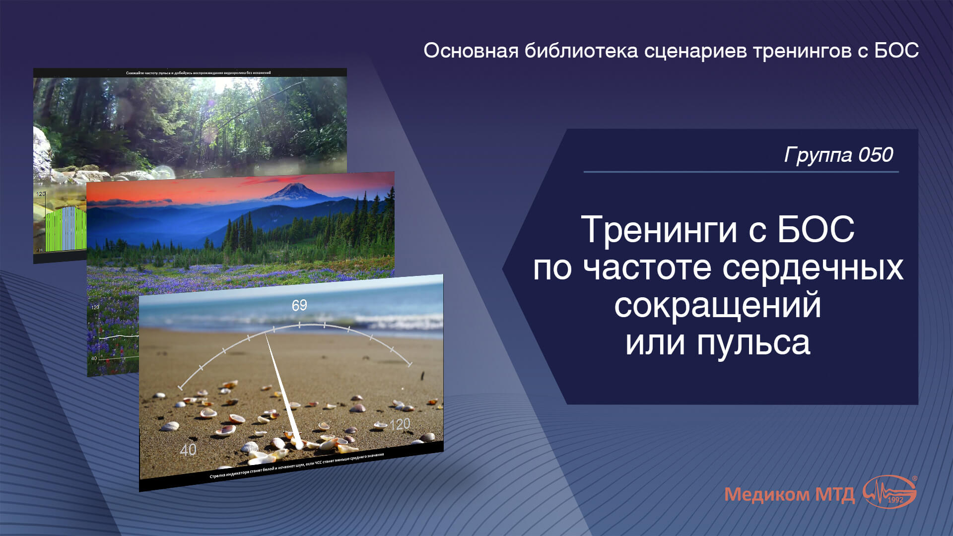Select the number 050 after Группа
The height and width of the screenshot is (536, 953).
pos(876,155)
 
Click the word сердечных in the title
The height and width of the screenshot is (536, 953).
pos(813,268)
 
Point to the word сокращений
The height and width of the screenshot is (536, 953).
pos(717,306)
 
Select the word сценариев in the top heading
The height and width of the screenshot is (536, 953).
pos(695,51)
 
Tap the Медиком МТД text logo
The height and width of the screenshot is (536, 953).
pos(789,494)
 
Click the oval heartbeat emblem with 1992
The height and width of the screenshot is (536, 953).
pos(890,492)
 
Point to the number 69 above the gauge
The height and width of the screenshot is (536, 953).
pos(299,305)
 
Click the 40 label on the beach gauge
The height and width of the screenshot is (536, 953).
pos(188,450)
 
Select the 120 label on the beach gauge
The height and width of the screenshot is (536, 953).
pos(400,424)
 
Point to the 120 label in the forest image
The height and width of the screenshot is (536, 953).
pos(41,194)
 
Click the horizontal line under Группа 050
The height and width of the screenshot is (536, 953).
pos(741,172)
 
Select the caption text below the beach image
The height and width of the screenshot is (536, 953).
pos(296,466)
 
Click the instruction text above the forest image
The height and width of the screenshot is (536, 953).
pos(198,73)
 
